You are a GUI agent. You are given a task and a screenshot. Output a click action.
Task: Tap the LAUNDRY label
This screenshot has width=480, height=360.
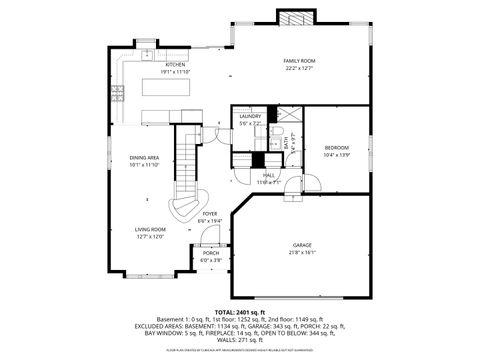(250, 116)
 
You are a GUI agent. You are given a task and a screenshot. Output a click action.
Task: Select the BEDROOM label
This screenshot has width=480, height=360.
(336, 148)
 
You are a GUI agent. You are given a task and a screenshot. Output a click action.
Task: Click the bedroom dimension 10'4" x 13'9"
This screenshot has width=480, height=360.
(336, 156)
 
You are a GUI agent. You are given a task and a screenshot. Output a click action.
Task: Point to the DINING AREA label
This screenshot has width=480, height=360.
(144, 157)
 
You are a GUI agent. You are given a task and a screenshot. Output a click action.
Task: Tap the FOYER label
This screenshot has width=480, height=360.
(210, 213)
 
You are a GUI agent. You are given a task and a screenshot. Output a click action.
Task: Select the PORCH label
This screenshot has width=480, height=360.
(211, 253)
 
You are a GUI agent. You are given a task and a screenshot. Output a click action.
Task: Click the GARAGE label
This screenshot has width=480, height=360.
(302, 244)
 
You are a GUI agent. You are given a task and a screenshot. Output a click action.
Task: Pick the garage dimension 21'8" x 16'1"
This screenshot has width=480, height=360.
(302, 252)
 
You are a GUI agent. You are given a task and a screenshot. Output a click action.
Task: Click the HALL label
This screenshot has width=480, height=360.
(269, 174)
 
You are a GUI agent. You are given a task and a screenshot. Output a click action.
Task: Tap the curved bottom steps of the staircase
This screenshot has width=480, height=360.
(184, 208)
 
